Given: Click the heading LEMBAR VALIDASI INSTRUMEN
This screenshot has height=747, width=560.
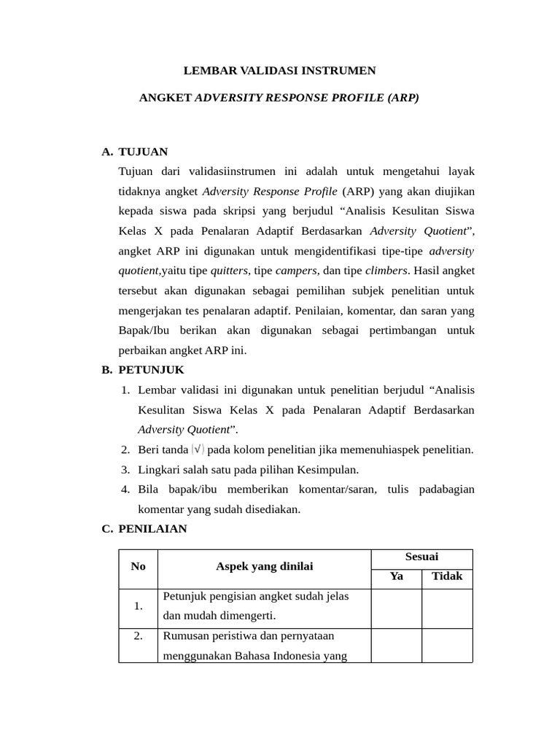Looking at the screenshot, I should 279,71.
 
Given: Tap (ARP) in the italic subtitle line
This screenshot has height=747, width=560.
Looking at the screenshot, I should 403,97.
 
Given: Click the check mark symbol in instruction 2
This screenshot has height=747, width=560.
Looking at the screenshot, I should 198,450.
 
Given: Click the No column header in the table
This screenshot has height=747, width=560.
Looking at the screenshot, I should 139,567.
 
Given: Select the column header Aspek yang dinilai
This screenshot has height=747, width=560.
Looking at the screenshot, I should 264,567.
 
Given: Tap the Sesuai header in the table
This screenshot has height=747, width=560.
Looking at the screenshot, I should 421,557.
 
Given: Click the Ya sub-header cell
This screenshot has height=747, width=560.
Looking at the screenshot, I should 397,576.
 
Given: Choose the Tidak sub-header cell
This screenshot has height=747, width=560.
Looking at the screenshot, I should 447,576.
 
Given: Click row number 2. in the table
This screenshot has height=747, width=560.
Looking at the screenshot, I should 139,636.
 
